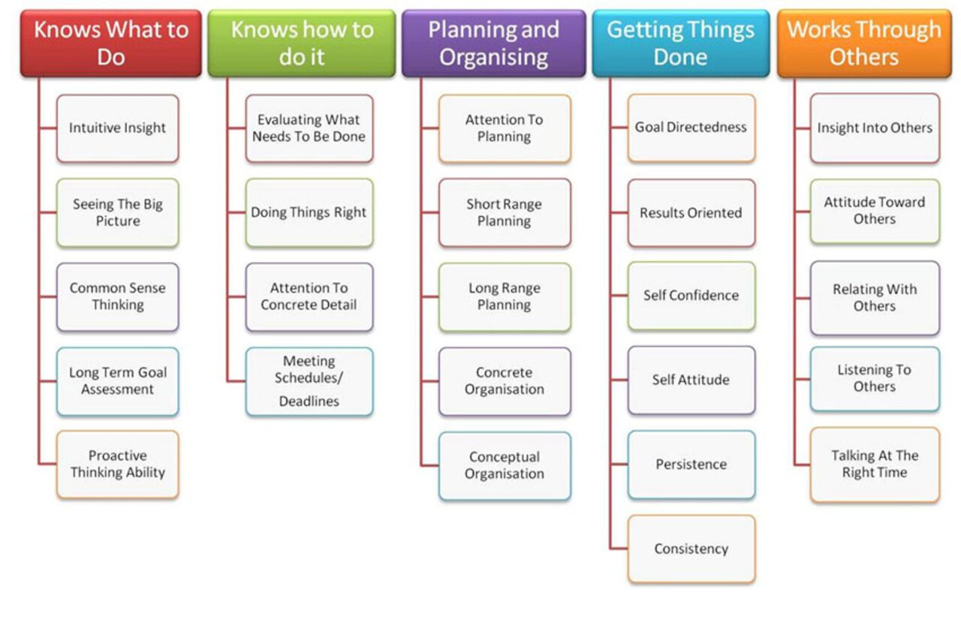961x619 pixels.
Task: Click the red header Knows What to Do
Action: tap(111, 43)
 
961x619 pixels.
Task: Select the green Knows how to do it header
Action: tap(302, 43)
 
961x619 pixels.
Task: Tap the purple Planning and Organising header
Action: tap(493, 43)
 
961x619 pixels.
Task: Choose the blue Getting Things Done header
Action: tap(680, 43)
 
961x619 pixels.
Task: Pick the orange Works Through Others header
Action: tap(863, 43)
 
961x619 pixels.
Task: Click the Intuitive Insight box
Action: tap(118, 128)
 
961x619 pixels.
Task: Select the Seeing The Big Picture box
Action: tap(118, 212)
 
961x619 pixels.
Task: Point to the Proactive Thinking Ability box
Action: tap(118, 464)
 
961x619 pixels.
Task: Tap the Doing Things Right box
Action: tap(309, 212)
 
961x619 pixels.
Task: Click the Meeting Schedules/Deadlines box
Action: tap(309, 381)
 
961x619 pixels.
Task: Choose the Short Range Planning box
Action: tap(505, 212)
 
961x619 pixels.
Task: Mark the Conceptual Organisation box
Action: tap(505, 465)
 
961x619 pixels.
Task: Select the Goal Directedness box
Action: tap(691, 128)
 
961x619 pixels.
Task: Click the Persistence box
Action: tap(691, 464)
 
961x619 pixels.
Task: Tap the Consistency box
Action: tap(691, 548)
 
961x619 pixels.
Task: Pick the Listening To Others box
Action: tap(875, 378)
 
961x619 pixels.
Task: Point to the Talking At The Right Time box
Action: tap(875, 464)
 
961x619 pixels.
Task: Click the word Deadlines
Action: tap(309, 401)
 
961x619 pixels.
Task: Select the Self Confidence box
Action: tap(691, 296)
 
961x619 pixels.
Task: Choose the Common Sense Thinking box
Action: tap(118, 296)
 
